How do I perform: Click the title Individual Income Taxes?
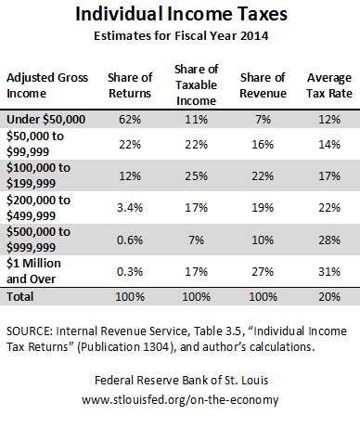(181, 14)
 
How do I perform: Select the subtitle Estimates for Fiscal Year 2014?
(181, 35)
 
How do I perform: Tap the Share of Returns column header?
(130, 85)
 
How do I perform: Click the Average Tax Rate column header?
(329, 85)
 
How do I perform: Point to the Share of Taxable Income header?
(197, 84)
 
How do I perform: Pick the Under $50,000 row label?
(45, 120)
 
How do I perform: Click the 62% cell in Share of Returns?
(130, 120)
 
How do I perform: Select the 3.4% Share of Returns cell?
(130, 207)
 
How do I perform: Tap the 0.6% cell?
(130, 240)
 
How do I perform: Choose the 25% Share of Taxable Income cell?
(197, 175)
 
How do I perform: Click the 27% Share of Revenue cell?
(263, 272)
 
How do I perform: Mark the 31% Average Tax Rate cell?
(329, 272)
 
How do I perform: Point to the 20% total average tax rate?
(329, 297)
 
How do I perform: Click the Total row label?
(20, 296)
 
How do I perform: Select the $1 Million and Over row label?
(33, 271)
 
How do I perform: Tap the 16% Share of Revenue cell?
(263, 144)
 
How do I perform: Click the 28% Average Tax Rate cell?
(329, 240)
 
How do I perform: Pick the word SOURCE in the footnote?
(29, 331)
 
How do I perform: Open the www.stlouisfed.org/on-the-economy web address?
(180, 399)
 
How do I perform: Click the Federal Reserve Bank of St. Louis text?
(181, 380)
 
